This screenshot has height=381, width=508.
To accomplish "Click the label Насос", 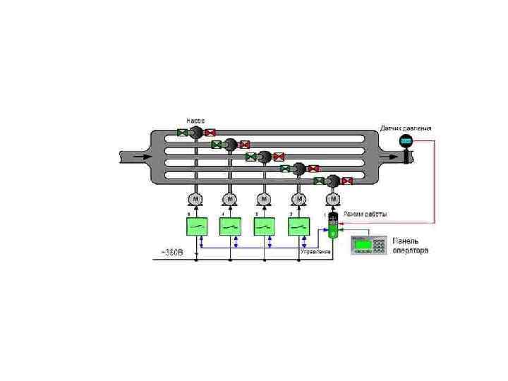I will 195,120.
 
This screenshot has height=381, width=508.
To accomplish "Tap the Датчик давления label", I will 406,128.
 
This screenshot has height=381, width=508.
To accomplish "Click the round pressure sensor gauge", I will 406,140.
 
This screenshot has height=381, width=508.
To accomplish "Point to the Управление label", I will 315,251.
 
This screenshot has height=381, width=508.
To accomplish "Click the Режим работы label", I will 365,214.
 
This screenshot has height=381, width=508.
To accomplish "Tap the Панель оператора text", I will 410,246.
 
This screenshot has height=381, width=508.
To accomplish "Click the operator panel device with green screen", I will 370,244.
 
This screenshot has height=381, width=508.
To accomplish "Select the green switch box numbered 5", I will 196,226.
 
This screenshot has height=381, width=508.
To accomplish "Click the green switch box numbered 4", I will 230,226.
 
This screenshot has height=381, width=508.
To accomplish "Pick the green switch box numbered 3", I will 264,226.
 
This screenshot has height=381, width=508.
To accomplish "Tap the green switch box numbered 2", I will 298,226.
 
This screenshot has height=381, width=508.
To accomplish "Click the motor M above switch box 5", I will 195,200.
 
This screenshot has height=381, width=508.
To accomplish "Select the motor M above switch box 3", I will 264,200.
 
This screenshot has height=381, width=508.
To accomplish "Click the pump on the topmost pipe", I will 196,132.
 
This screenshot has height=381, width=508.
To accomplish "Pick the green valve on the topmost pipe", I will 182,132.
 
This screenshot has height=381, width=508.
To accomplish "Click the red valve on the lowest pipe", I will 347,181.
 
